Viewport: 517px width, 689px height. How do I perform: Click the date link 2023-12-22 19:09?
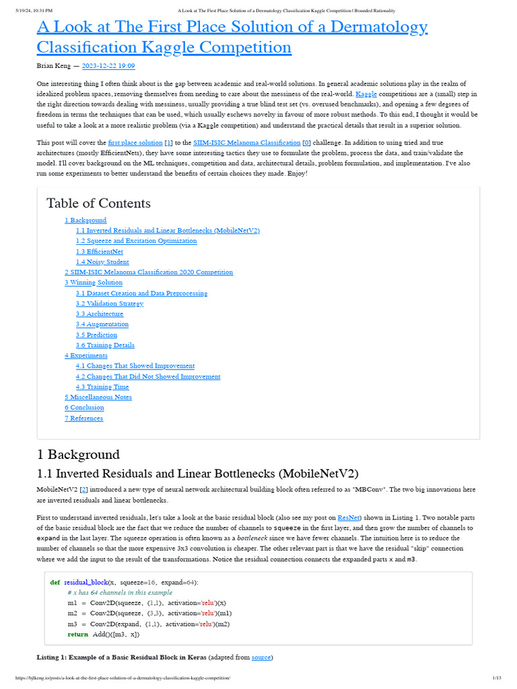[108, 66]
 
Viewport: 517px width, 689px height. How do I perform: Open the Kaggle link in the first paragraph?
[366, 94]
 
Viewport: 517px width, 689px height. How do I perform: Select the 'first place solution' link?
[135, 143]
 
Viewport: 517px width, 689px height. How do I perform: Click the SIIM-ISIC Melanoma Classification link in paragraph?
[246, 143]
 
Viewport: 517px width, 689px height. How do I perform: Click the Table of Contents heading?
[98, 203]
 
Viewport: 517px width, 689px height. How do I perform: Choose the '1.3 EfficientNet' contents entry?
[99, 252]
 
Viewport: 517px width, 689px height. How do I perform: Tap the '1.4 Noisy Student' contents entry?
[102, 262]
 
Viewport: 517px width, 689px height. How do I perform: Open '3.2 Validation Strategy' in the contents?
[110, 303]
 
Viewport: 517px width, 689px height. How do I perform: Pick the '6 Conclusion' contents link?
[84, 408]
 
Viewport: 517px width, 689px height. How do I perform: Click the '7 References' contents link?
[83, 419]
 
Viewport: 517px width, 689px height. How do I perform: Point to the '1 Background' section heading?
[78, 454]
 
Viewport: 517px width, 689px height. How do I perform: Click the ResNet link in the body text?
[349, 517]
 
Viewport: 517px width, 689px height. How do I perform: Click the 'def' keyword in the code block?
[55, 582]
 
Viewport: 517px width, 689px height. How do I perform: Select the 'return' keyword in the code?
[77, 634]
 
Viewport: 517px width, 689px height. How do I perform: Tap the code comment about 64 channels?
[115, 593]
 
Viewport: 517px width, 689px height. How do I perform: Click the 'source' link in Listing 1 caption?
[261, 657]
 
